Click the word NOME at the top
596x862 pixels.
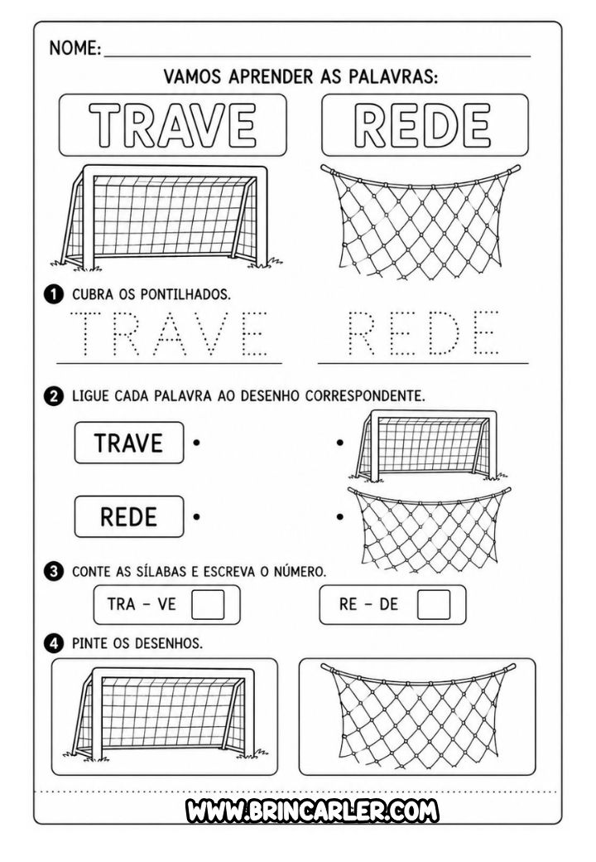(74, 48)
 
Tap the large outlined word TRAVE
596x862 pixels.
(172, 125)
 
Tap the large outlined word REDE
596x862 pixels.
(422, 125)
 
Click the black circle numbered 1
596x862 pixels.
(53, 294)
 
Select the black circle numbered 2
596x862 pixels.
(53, 396)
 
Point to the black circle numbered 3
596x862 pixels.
(53, 571)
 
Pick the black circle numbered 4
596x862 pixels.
(53, 642)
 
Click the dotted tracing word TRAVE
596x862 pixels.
(169, 333)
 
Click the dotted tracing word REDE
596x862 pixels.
(422, 333)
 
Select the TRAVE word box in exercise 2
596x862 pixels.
(129, 443)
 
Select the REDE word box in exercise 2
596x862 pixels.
(129, 516)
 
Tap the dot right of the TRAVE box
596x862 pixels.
(196, 442)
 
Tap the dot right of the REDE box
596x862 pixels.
(196, 516)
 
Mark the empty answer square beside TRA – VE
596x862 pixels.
(208, 605)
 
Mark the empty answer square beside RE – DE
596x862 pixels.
(434, 605)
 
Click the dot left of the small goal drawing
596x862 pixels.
(340, 442)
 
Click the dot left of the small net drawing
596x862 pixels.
(340, 516)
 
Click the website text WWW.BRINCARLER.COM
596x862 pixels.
(312, 811)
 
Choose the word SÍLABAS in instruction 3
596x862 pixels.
(160, 572)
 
